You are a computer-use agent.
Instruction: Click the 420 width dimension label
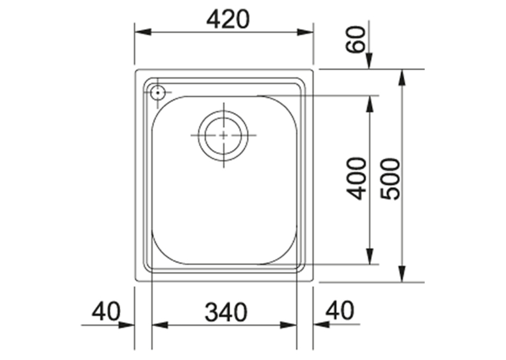click(228, 19)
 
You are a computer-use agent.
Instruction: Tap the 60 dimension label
click(355, 40)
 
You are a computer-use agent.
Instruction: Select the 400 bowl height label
click(356, 178)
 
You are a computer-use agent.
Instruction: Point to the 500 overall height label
click(390, 178)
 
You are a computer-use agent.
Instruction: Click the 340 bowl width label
click(226, 312)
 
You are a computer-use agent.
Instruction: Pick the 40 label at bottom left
click(106, 311)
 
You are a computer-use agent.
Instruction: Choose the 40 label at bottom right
click(340, 310)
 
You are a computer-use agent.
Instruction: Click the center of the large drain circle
click(223, 135)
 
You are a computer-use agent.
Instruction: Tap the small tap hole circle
click(157, 92)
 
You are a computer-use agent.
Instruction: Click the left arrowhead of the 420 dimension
click(143, 32)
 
